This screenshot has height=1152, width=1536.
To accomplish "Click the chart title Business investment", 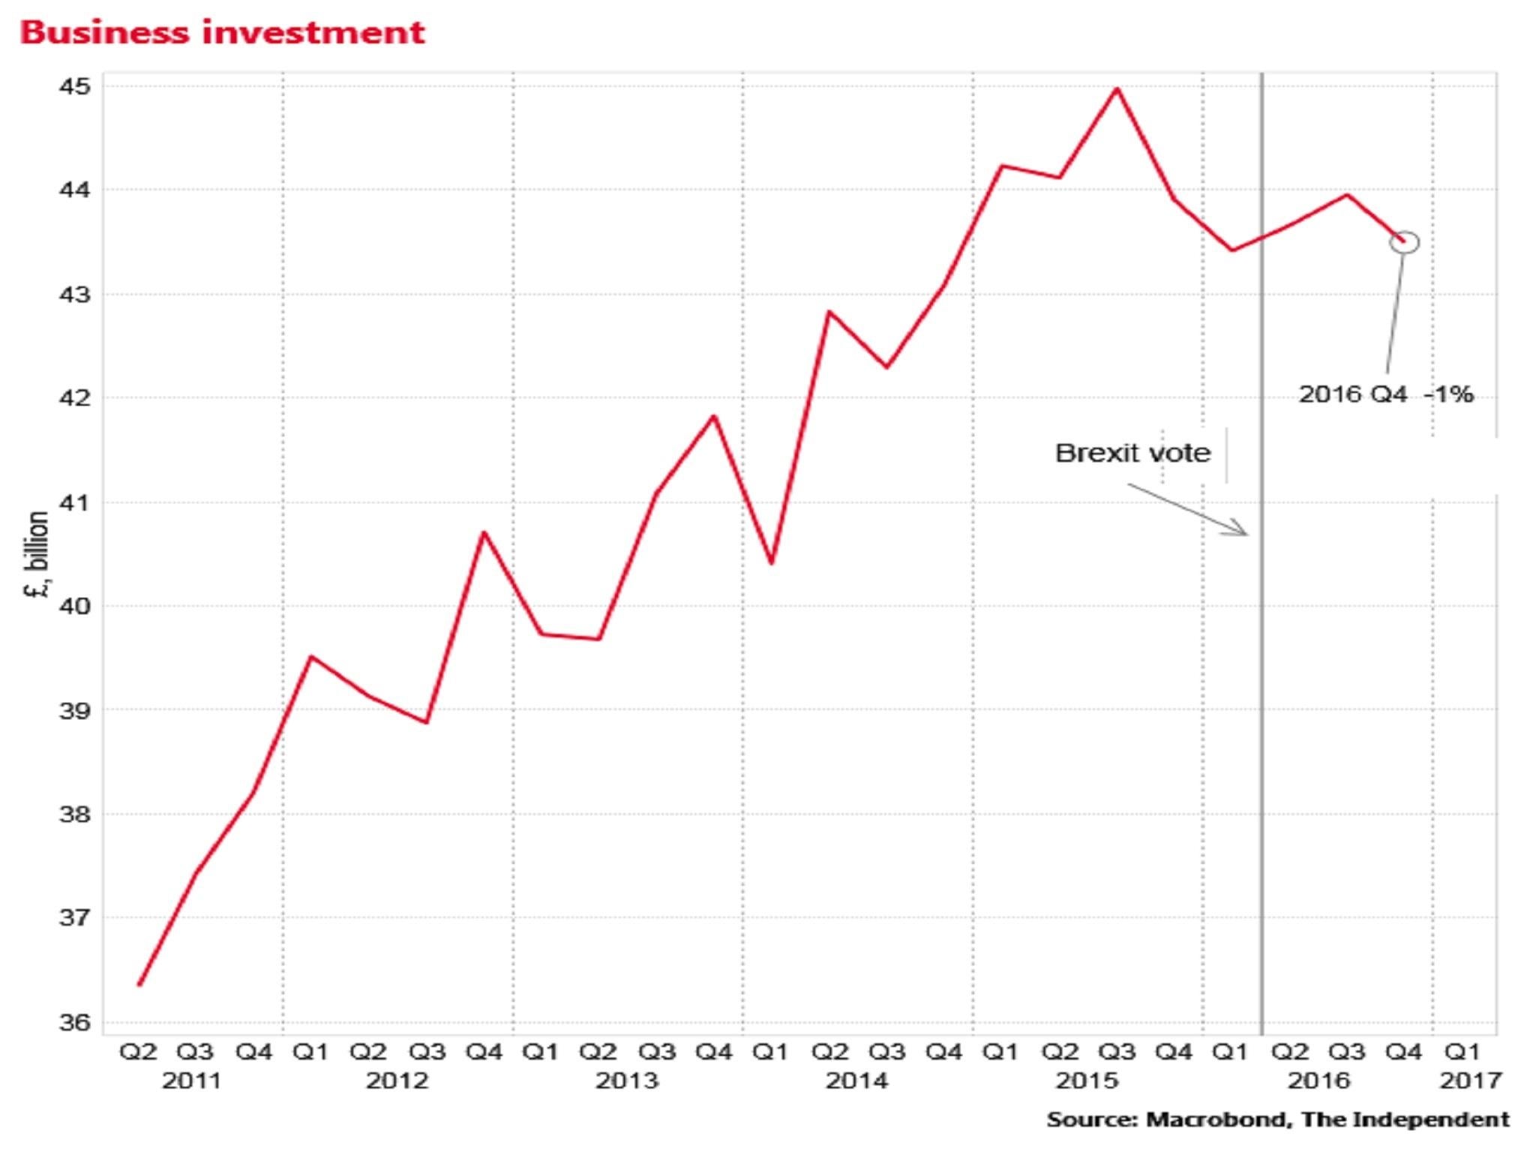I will click(222, 33).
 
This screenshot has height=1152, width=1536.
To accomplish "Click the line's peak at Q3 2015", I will click(1117, 88).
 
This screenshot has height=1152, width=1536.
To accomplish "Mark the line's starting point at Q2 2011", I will click(139, 985).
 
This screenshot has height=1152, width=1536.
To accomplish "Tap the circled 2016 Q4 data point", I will click(1405, 241).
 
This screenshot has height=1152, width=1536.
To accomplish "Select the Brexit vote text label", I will click(1132, 453).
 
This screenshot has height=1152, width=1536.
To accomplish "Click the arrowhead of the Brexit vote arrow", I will click(1245, 533).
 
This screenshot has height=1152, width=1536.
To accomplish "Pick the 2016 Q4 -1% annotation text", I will click(1385, 394).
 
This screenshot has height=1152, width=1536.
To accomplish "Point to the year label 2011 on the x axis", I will click(192, 1081).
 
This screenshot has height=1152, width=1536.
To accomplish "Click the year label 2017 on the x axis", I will click(1470, 1081).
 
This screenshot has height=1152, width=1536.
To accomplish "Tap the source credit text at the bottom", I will click(1277, 1120).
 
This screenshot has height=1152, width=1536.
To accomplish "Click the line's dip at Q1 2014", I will click(772, 563).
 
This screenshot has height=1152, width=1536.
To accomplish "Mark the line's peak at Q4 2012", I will click(484, 532).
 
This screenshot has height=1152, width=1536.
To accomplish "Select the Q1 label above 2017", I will click(1462, 1052).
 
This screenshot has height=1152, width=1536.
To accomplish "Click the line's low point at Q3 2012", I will click(427, 722).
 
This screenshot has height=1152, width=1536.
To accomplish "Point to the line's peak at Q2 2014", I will click(829, 310).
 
